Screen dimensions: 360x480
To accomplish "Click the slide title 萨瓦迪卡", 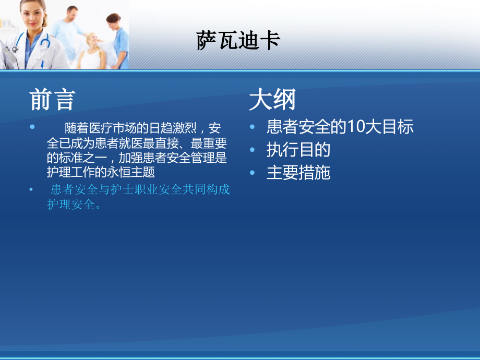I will point(238,41).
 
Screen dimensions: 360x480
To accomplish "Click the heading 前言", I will point(52,99).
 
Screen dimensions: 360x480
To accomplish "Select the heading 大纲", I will point(272,99).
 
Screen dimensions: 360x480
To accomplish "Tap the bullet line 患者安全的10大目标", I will point(340,127).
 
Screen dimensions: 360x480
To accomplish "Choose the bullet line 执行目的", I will point(298,150).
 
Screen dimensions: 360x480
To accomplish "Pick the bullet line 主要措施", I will point(298,173).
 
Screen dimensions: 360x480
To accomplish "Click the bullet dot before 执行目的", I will point(253,150).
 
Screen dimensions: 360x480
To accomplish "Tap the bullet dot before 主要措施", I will point(253,173).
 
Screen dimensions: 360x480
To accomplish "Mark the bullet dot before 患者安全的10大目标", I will point(253,127).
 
